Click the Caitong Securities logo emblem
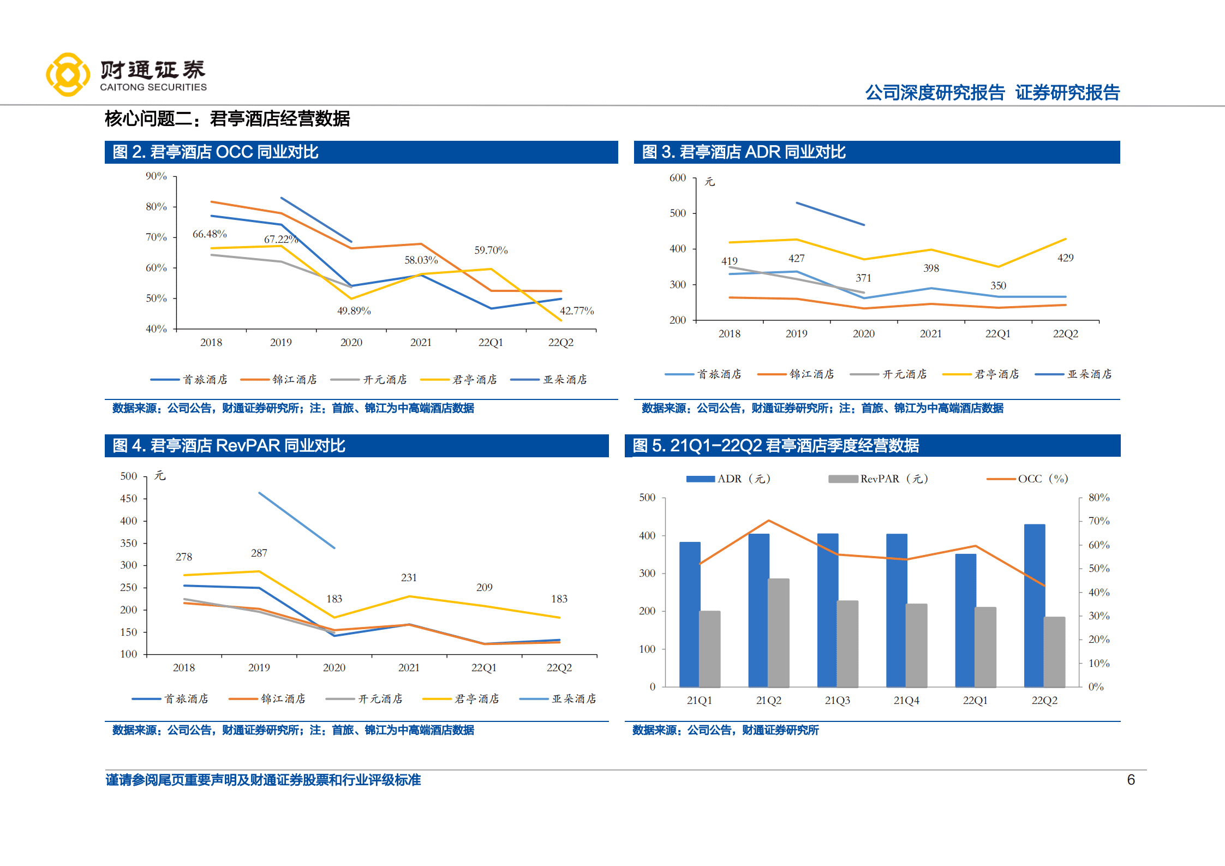68,75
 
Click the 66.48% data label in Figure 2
210,234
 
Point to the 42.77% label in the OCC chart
576,311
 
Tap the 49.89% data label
354,311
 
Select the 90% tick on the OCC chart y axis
156,176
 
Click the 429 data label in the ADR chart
1065,258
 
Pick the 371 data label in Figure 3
863,278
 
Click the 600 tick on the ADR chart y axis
678,178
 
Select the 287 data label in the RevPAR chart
259,553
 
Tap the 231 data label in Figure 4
409,578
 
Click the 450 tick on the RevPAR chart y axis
129,499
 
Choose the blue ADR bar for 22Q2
1035,606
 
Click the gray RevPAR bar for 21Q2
779,633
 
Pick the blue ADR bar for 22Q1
965,620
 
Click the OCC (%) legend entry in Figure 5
1028,479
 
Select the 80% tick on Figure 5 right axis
1098,498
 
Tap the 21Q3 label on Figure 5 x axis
837,701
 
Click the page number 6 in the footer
1131,780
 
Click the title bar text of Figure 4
229,446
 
